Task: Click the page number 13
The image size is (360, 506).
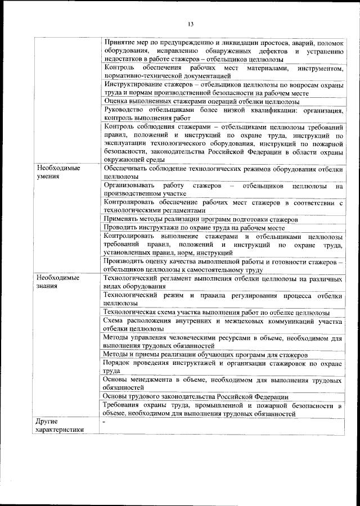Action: coord(190,24)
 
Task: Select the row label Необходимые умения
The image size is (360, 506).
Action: coord(58,172)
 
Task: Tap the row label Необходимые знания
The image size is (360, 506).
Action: coord(58,282)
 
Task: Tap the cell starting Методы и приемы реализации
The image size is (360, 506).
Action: coord(205,355)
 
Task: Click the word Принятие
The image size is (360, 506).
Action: coord(121,42)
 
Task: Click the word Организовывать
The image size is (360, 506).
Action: coord(129,185)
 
